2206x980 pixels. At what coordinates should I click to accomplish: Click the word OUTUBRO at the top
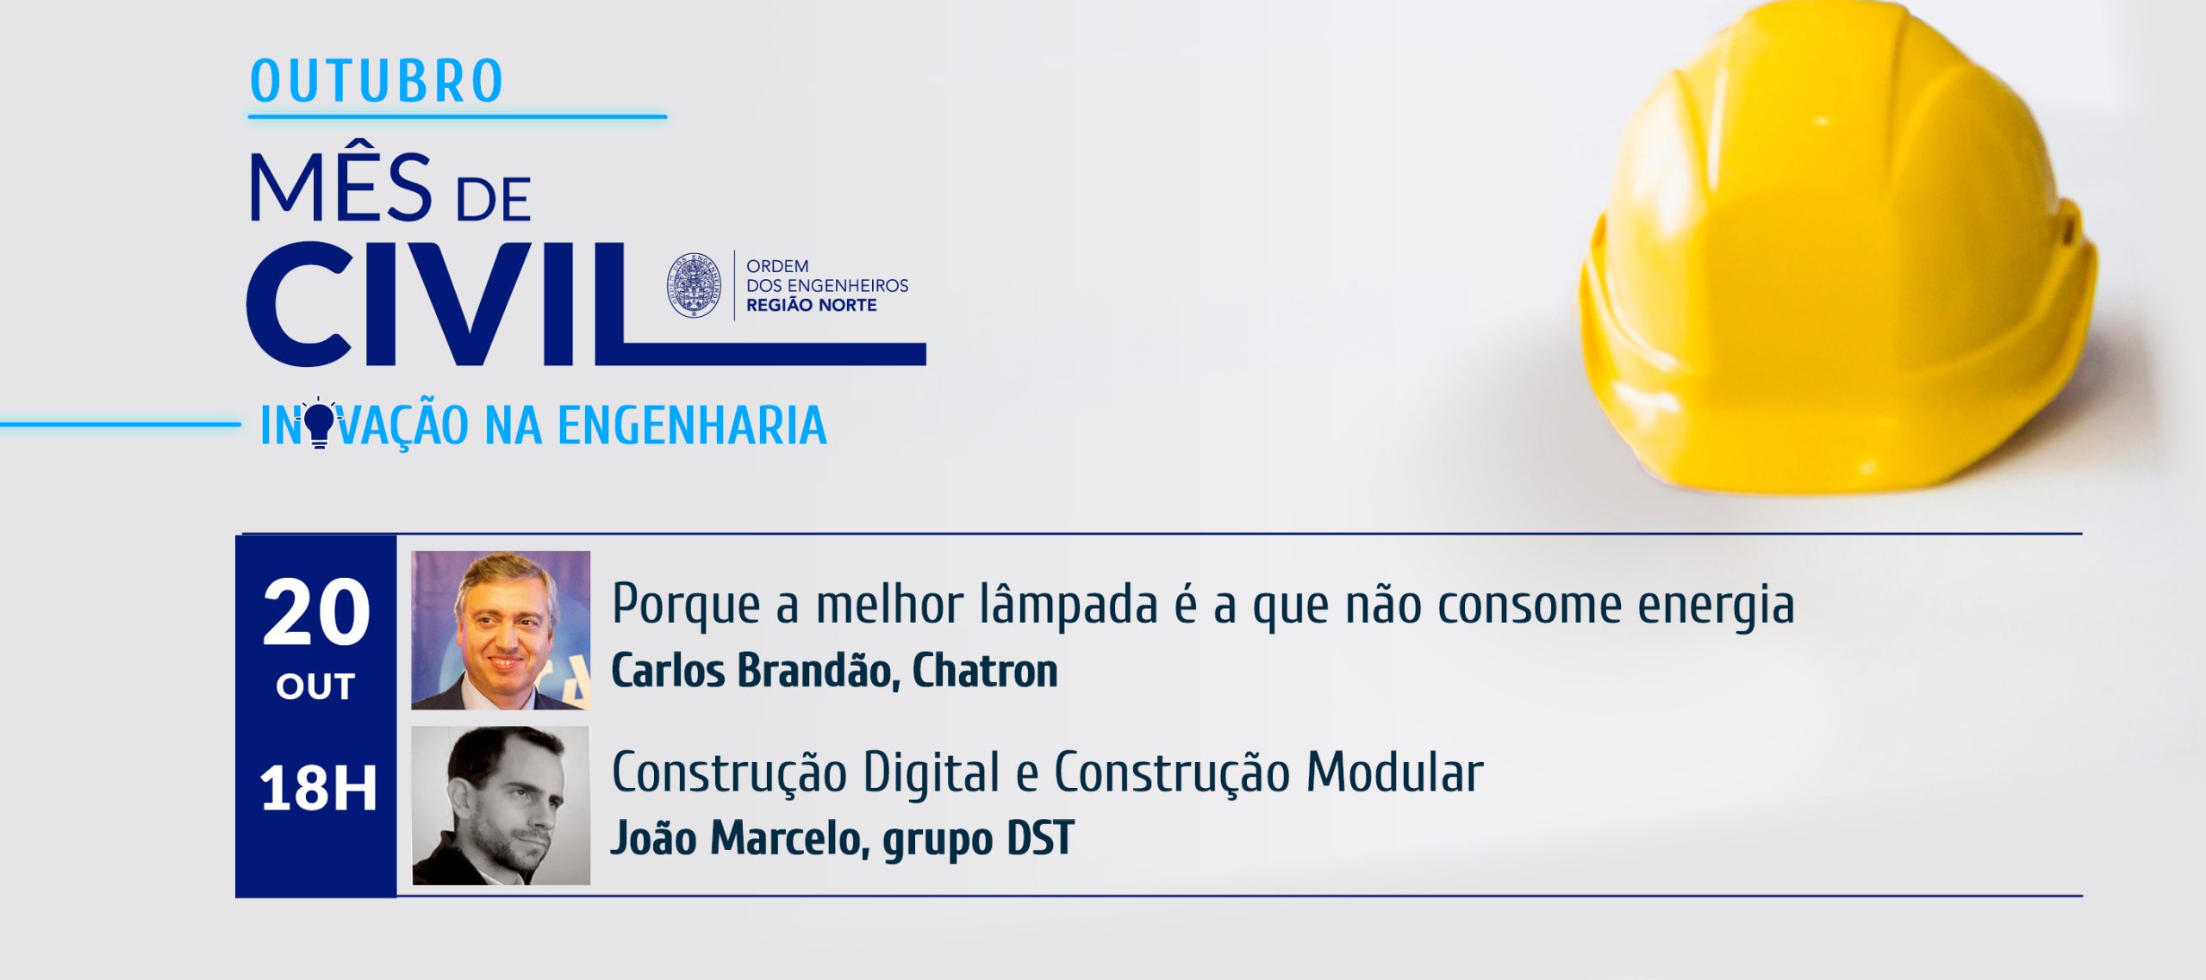377,82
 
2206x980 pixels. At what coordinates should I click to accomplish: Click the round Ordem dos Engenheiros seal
695,285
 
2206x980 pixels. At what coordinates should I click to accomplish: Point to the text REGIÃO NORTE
811,305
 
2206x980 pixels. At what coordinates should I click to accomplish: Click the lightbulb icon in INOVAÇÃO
319,422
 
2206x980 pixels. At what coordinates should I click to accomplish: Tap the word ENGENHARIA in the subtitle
692,425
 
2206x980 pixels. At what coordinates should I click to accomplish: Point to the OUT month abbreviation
315,686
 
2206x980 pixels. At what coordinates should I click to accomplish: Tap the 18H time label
318,788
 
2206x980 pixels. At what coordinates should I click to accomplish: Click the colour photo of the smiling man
501,630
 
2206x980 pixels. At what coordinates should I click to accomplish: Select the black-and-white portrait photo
501,805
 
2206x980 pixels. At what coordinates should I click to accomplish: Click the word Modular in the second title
1394,772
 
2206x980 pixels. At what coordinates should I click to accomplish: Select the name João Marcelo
739,839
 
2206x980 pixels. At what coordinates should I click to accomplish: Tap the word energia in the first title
1716,606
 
